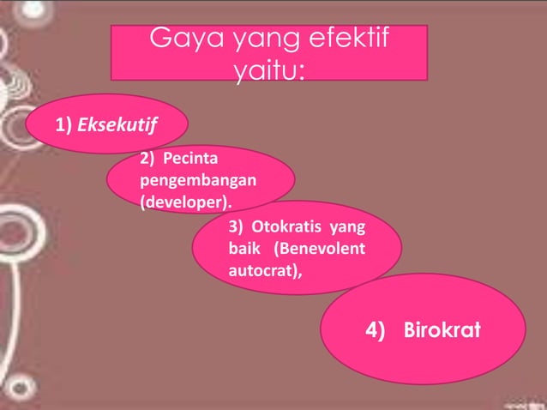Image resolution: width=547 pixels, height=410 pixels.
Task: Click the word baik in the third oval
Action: point(245,250)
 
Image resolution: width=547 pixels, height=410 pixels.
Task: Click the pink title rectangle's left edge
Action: point(112,52)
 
